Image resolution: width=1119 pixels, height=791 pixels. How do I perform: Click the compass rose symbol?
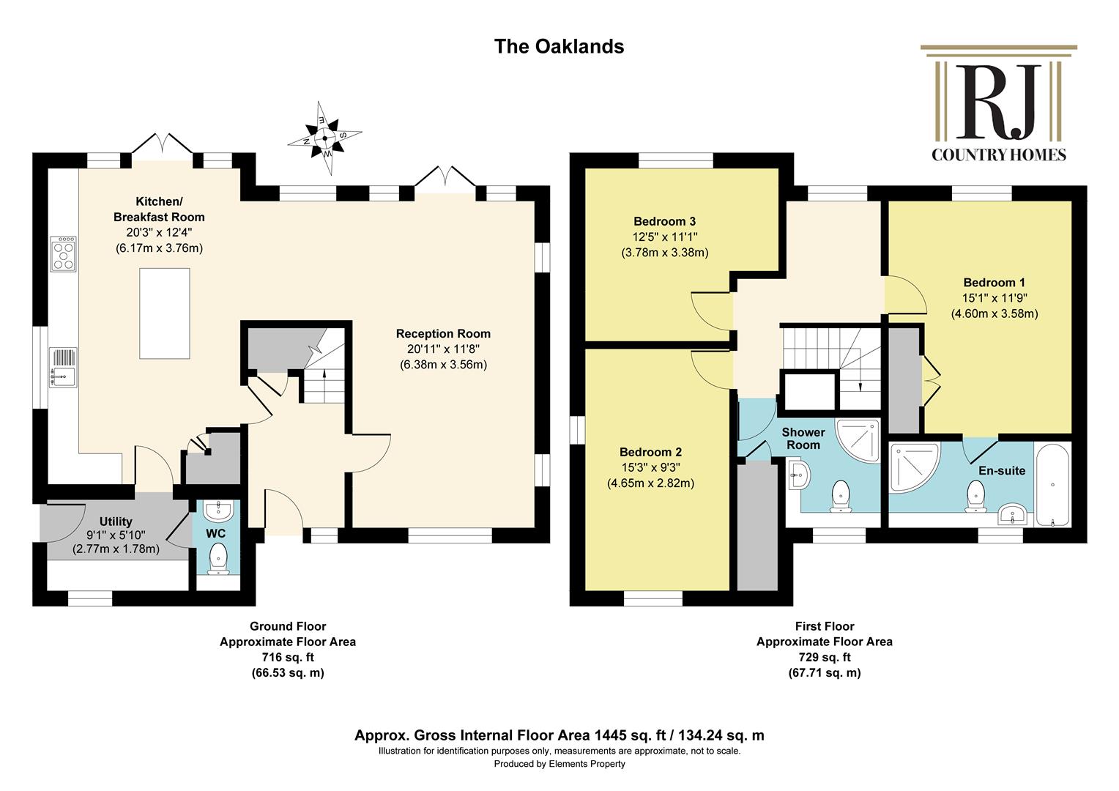click(324, 138)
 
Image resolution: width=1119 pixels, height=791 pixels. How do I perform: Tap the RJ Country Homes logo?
click(999, 103)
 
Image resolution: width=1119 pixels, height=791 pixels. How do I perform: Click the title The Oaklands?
click(559, 46)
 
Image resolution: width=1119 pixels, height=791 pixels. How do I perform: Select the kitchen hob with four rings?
click(64, 254)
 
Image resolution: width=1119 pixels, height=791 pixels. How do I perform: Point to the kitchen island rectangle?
click(164, 313)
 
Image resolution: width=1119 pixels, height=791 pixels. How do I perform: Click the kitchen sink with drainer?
click(64, 367)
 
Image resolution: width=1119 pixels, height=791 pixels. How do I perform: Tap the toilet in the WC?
click(218, 559)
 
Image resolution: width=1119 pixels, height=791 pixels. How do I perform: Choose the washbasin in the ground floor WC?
click(218, 510)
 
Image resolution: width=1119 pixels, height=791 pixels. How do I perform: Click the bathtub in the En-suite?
click(1052, 484)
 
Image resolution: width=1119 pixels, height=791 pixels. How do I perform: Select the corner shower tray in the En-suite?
click(914, 467)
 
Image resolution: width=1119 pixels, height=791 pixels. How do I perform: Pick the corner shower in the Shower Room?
click(858, 439)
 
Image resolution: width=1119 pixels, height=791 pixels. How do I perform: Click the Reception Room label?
click(443, 333)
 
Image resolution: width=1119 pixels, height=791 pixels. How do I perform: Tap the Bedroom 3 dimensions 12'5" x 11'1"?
click(665, 237)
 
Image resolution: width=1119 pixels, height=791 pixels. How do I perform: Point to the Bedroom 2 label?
click(650, 452)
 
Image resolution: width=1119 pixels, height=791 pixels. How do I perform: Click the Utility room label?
click(116, 521)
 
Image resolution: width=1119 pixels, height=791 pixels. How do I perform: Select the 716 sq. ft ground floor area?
click(288, 657)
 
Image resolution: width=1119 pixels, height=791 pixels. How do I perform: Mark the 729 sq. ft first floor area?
click(825, 657)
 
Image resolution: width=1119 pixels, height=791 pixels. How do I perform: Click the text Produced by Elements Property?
click(559, 764)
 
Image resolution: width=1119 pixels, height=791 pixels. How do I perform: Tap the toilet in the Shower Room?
click(841, 496)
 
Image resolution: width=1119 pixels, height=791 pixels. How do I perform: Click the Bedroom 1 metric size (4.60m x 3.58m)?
click(994, 313)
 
